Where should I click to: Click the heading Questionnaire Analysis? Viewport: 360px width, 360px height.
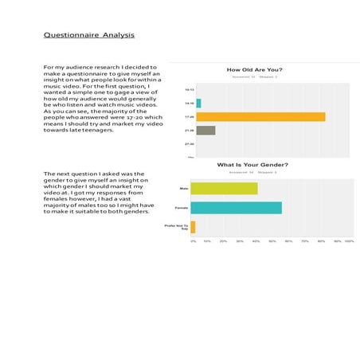(89, 35)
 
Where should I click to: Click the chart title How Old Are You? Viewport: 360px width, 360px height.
(254, 70)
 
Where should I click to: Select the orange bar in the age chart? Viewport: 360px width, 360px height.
(260, 117)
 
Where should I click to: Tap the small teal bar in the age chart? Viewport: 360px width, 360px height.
(198, 104)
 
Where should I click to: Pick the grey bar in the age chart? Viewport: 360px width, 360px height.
(205, 131)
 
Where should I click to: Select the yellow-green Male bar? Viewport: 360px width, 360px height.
(224, 189)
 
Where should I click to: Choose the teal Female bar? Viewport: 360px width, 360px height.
(236, 208)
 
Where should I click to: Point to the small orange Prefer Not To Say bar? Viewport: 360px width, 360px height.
(193, 227)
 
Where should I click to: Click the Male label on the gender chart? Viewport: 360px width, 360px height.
(183, 189)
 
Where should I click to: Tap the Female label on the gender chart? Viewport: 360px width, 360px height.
(182, 208)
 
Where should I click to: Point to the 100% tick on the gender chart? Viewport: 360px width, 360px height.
(348, 241)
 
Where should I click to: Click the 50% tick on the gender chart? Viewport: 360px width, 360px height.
(272, 241)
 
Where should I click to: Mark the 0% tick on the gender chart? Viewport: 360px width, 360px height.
(193, 241)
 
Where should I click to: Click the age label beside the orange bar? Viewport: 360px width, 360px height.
(188, 117)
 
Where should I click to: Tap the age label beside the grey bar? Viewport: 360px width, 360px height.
(188, 131)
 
